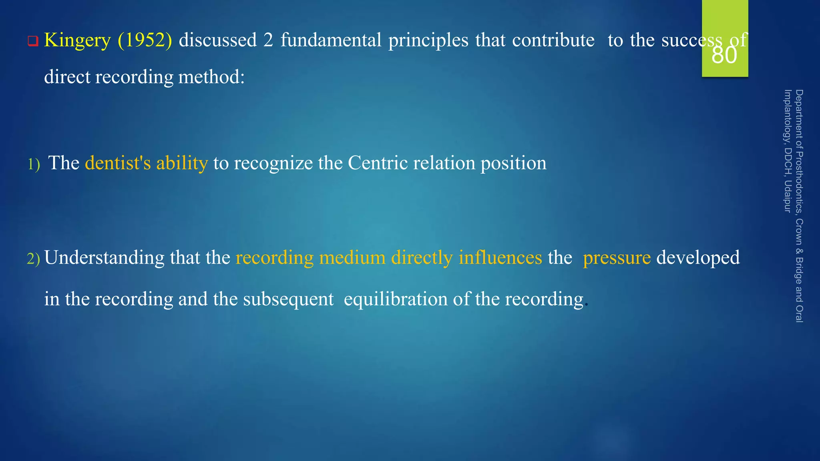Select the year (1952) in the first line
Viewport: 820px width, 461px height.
pos(145,40)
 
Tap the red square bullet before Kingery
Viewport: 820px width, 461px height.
pos(33,41)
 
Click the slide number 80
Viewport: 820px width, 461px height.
pos(724,55)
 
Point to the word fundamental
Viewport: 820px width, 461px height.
pos(331,40)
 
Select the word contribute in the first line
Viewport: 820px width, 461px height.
pos(553,40)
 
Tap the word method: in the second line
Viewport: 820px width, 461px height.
pos(211,76)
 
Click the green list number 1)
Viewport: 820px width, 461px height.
pos(34,164)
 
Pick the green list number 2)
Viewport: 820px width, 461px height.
pos(34,259)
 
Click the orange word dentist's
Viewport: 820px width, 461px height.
pos(118,163)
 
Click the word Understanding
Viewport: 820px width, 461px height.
pos(104,258)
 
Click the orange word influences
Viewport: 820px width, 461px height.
pos(500,257)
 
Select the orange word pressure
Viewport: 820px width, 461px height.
pos(617,258)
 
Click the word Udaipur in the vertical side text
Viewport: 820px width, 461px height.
pos(788,196)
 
